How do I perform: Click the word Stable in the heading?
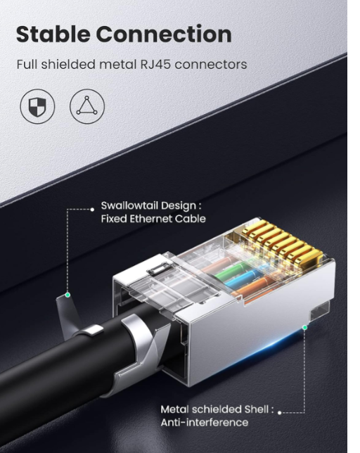53,34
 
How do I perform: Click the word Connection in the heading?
164,34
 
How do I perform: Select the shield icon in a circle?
37,106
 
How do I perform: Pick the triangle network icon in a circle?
87,106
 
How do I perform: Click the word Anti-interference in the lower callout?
205,422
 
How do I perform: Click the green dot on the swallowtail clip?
67,295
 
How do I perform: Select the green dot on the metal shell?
304,327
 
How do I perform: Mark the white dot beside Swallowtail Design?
92,210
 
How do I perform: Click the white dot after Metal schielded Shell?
279,412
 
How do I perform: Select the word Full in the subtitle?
27,64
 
